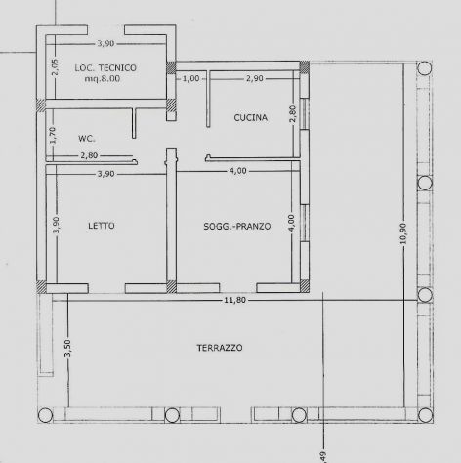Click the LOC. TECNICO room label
coord(105,68)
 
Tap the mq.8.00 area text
coord(103,79)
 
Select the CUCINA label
coord(251,117)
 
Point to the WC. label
coord(87,139)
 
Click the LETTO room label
coord(102,226)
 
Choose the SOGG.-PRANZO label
coord(237,226)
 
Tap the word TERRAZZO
coord(220,348)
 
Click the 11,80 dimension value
coord(234,300)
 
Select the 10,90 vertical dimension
coord(403,233)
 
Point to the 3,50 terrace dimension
coord(67,348)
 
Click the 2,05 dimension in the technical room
coord(55,67)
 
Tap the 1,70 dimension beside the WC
coord(53,135)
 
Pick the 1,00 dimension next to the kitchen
coord(191,78)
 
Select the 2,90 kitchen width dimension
coord(255,78)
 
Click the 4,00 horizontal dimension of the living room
coord(237,171)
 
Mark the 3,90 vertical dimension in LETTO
coord(56,225)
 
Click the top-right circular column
coord(425,68)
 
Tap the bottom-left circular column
coord(45,415)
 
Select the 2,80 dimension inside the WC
coord(89,155)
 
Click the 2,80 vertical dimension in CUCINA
coord(293,113)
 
